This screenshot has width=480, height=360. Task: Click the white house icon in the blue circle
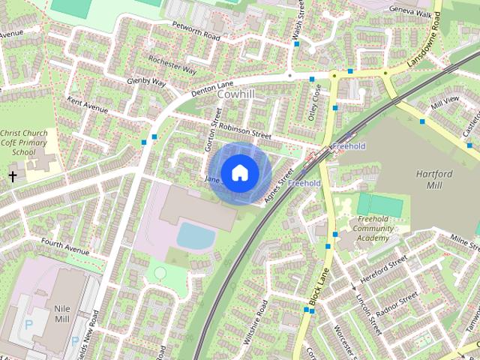coord(239,172)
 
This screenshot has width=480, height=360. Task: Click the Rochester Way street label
coord(172,64)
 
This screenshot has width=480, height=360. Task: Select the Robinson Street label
coord(244,131)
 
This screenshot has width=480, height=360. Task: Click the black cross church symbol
coord(12,176)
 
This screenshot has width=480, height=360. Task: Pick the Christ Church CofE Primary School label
coord(24,142)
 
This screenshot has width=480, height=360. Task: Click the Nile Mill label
coord(62,313)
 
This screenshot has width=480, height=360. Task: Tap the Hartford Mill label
coord(434,178)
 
